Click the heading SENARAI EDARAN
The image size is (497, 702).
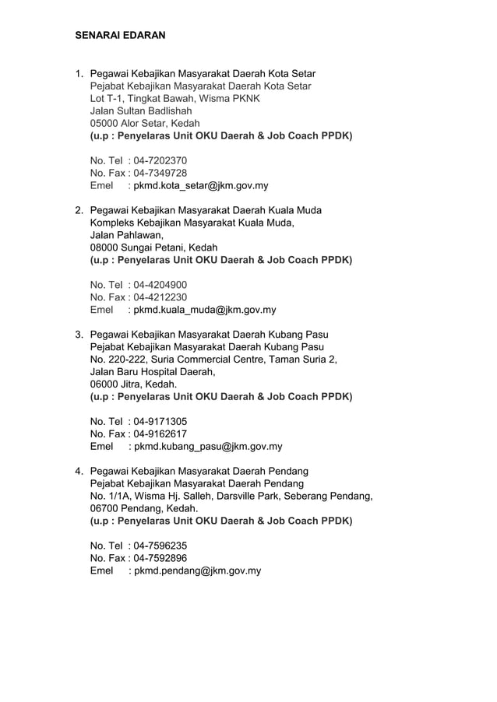pyautogui.click(x=120, y=36)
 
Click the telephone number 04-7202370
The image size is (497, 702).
pyautogui.click(x=160, y=160)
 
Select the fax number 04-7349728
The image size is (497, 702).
pyautogui.click(x=160, y=173)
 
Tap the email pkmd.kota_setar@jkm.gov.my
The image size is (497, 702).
pyautogui.click(x=201, y=185)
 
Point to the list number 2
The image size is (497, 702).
pyautogui.click(x=79, y=210)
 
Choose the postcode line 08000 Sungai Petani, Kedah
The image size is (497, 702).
pyautogui.click(x=154, y=247)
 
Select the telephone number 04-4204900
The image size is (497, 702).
pyautogui.click(x=160, y=285)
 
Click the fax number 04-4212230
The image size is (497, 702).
pyautogui.click(x=160, y=297)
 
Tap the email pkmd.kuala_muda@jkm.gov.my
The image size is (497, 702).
pyautogui.click(x=205, y=310)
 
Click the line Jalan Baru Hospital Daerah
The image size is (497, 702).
pyautogui.click(x=153, y=372)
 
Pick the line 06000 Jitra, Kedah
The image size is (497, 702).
pyautogui.click(x=133, y=384)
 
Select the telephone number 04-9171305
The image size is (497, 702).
pyautogui.click(x=160, y=422)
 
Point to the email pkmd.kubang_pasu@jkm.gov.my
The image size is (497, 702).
pyautogui.click(x=208, y=447)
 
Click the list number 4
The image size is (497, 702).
pyautogui.click(x=79, y=472)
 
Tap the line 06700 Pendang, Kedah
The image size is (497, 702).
pyautogui.click(x=144, y=509)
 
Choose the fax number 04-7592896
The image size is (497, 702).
pyautogui.click(x=160, y=558)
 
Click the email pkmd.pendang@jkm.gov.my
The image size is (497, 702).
pyautogui.click(x=197, y=570)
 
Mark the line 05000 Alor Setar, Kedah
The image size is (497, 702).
pyautogui.click(x=145, y=123)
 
